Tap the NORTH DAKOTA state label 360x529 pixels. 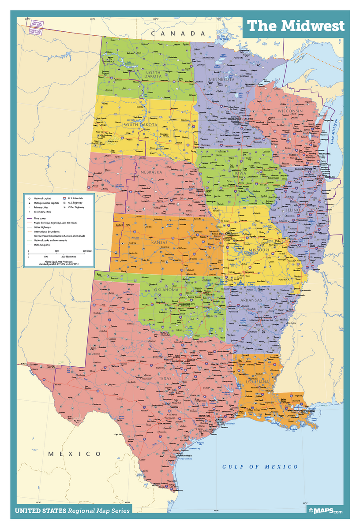click(148, 75)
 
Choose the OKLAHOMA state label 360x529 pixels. click(166, 290)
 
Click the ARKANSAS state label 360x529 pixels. click(251, 300)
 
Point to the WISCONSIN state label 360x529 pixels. click(290, 111)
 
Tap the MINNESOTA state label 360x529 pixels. click(221, 79)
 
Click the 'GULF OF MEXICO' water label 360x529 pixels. click(260, 467)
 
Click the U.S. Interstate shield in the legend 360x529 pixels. click(65, 198)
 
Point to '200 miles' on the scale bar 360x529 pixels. click(86, 251)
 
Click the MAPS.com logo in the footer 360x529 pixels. click(325, 511)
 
